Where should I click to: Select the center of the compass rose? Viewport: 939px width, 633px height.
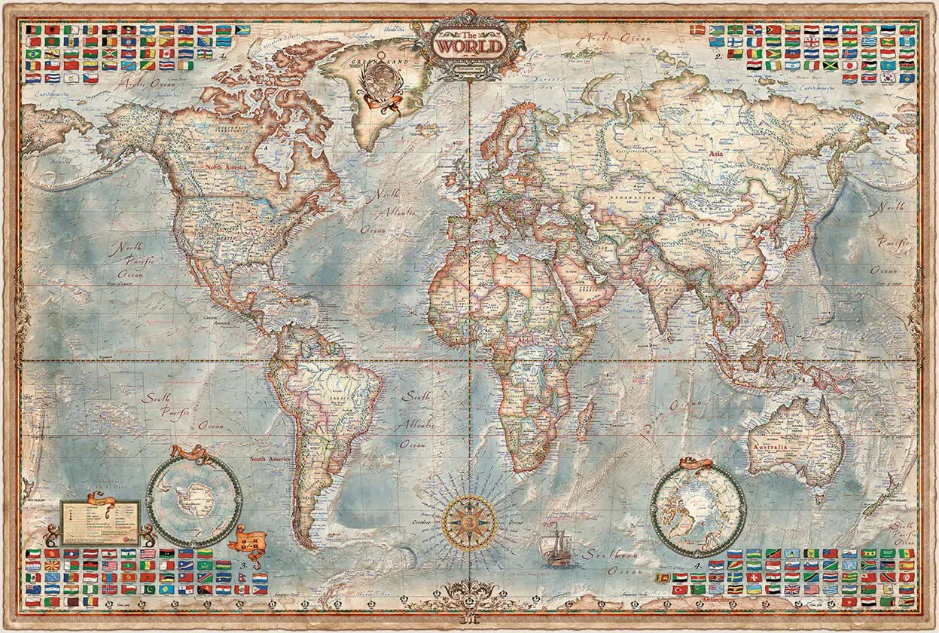468,522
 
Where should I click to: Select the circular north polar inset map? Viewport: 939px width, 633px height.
698,509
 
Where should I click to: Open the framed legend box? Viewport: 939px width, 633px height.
100,522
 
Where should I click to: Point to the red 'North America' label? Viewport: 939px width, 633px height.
224,167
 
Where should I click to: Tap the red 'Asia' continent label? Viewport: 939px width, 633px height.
717,154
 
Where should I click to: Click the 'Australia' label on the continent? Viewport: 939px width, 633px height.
788,447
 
